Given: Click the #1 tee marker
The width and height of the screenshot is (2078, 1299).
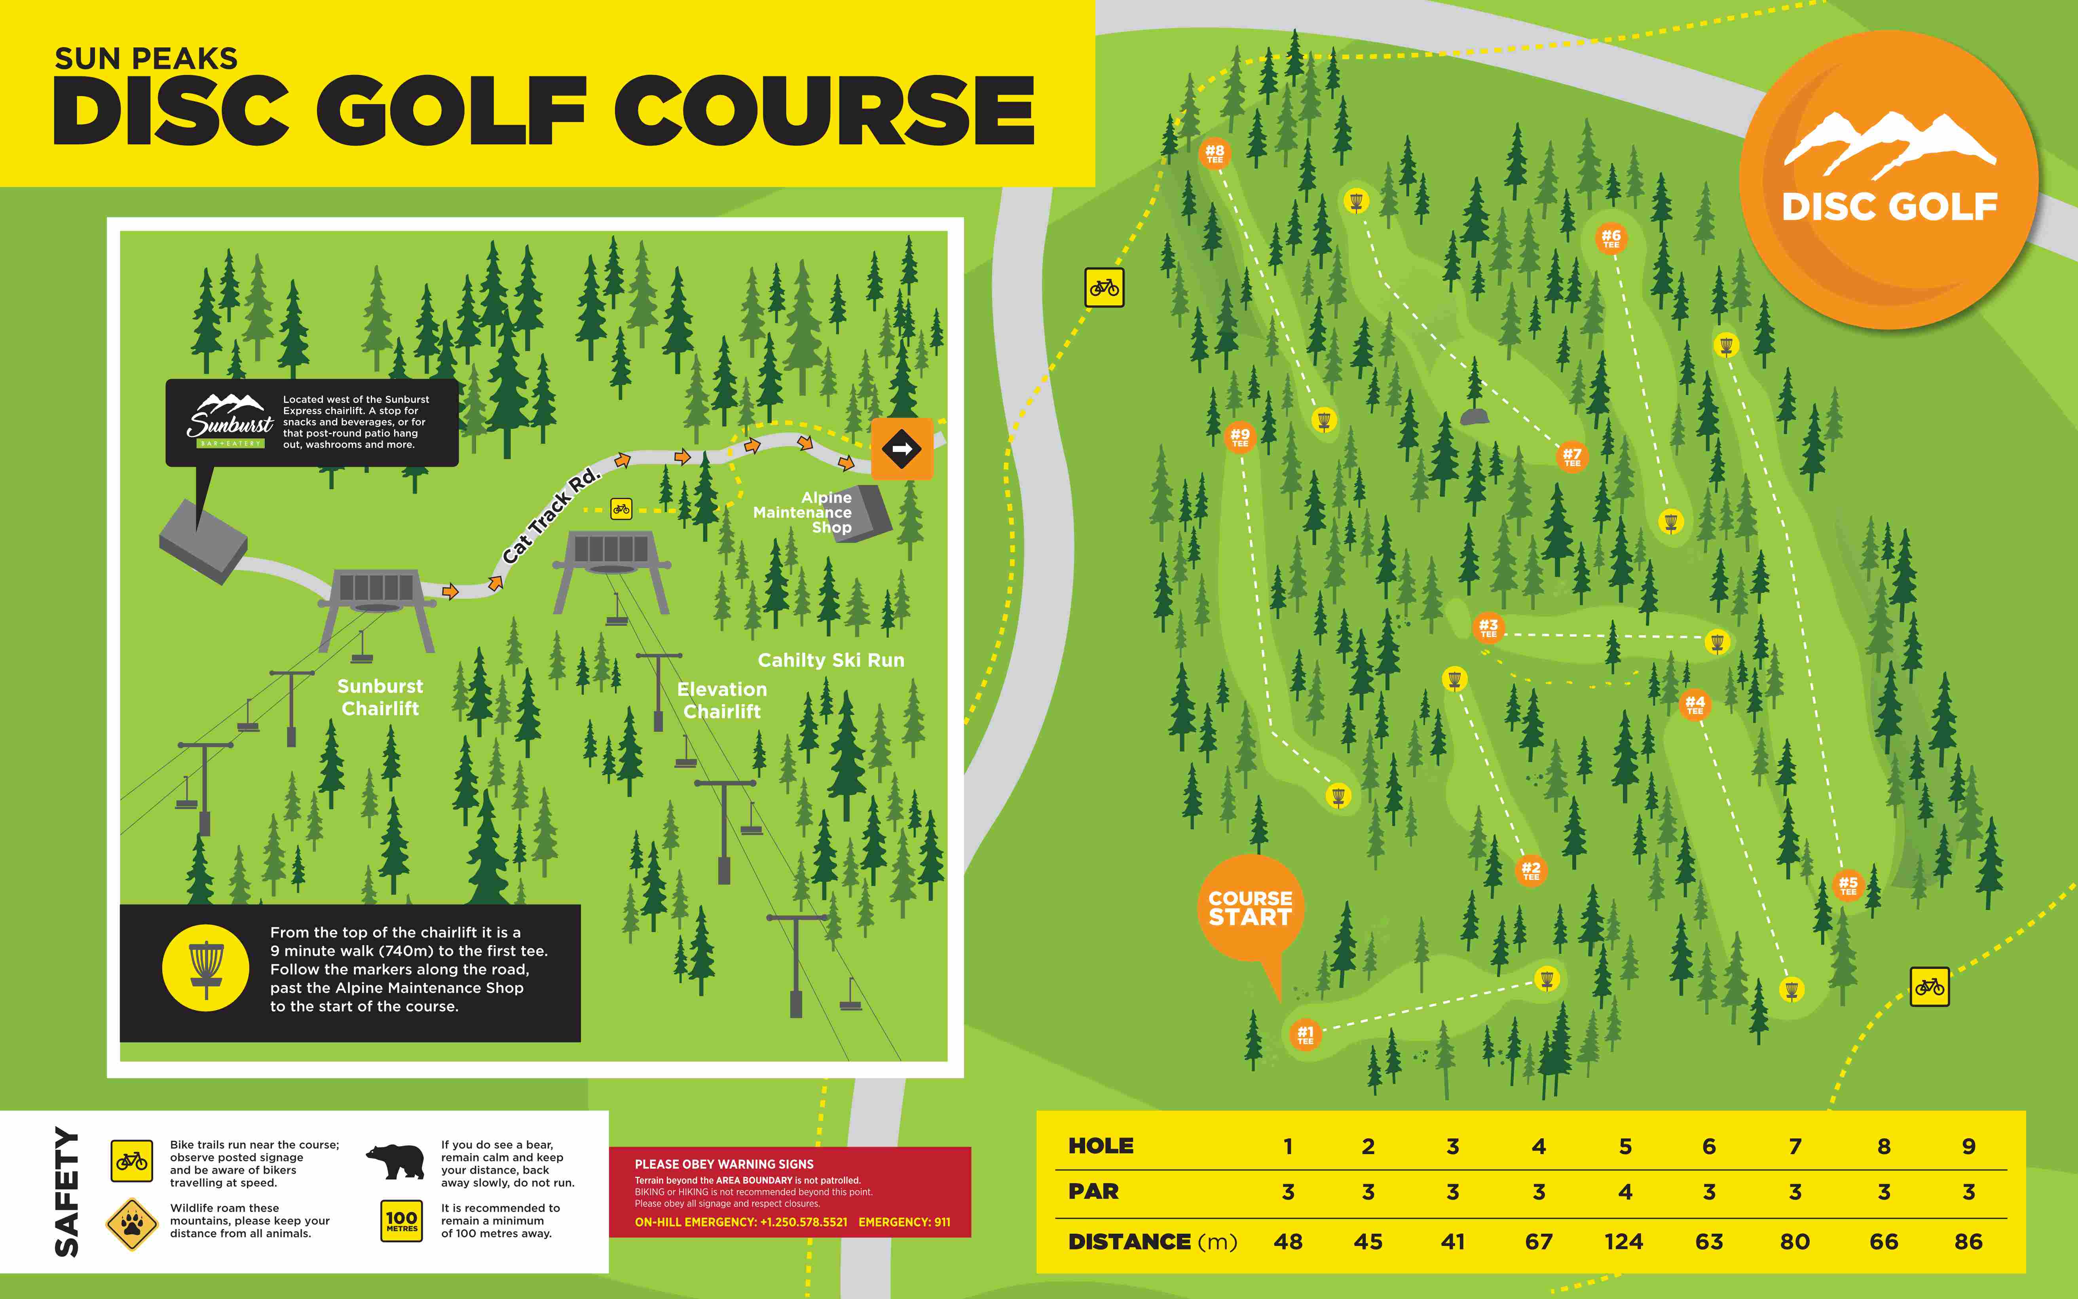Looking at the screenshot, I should (1305, 1034).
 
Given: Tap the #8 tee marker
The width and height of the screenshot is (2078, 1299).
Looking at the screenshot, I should (1214, 153).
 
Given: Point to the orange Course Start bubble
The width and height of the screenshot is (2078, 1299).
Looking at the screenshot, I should (1250, 908).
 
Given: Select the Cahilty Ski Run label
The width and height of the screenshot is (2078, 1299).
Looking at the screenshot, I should (831, 660).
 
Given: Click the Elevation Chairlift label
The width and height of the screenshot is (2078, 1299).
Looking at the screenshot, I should (721, 700).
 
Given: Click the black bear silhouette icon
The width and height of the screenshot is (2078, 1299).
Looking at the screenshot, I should (395, 1162).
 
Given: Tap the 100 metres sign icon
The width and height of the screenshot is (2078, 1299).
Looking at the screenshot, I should (401, 1221).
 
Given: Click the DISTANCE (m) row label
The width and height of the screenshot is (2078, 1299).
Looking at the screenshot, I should (1151, 1242).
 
